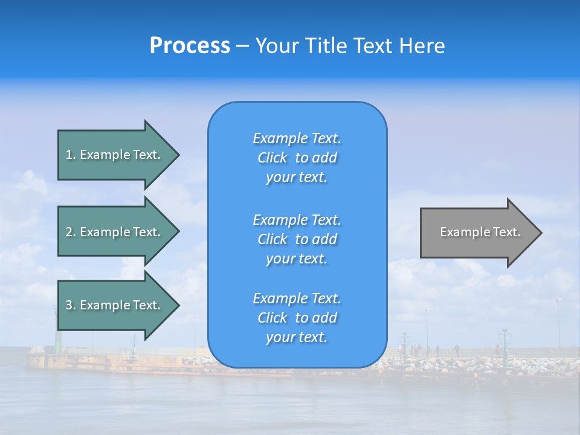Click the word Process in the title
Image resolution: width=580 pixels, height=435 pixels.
point(190,46)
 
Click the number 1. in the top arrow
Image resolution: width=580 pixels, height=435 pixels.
point(71,155)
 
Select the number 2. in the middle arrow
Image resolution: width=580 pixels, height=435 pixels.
point(71,232)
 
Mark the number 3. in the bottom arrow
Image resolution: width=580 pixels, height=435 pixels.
point(71,305)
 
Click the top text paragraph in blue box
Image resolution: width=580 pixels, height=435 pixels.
point(297,158)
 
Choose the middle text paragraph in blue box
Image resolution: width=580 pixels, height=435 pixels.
point(297,239)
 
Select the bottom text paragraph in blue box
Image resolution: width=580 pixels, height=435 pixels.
point(297,318)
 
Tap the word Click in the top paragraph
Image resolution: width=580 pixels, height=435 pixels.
point(272,158)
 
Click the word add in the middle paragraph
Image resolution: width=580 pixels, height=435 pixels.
point(325,239)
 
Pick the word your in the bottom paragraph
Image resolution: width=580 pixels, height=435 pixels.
point(279,338)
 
